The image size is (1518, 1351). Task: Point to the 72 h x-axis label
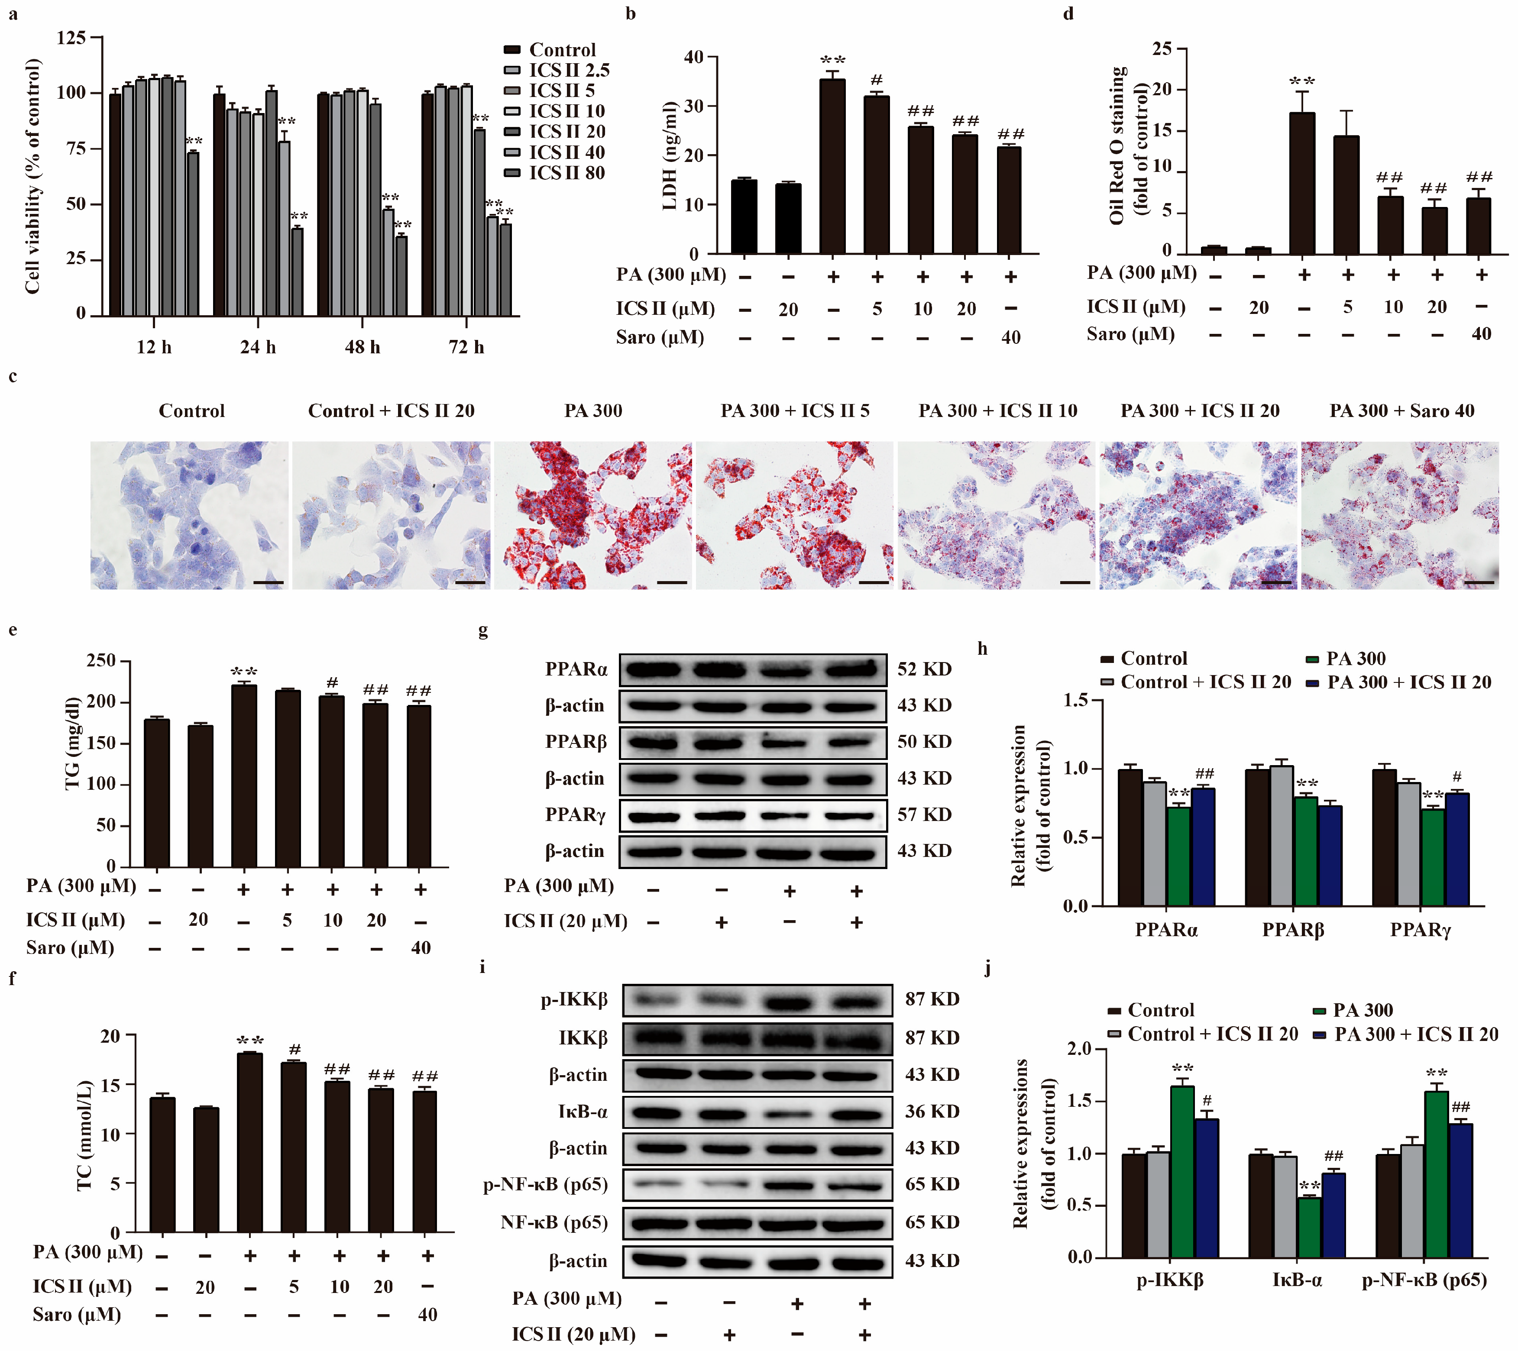coord(466,347)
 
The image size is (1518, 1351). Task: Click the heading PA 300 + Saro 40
coord(1401,411)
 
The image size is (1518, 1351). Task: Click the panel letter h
coord(983,648)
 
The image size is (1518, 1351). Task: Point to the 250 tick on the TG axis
coord(101,660)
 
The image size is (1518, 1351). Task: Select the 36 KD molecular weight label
coord(932,1112)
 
